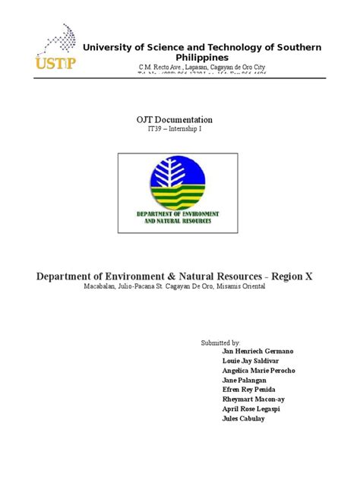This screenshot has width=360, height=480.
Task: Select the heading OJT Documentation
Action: tap(180, 120)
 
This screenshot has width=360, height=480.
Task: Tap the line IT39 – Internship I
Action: tap(179, 130)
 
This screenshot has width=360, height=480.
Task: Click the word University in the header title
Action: tap(106, 47)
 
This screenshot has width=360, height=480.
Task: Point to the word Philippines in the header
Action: tap(201, 58)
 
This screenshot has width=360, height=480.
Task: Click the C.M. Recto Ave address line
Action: tap(201, 68)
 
